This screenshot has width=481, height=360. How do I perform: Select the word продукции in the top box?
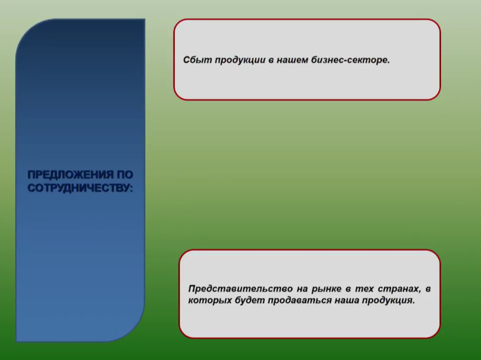240,60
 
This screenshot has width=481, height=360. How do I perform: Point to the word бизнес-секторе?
350,60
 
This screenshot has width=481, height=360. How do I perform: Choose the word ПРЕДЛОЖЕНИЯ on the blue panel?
70,175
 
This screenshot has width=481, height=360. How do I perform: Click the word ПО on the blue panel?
125,175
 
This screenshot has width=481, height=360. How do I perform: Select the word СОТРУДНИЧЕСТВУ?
79,188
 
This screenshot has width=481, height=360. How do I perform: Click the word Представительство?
240,289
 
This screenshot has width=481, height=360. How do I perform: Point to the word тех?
364,289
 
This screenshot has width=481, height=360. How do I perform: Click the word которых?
210,300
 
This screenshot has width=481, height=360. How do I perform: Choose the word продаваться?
299,300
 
